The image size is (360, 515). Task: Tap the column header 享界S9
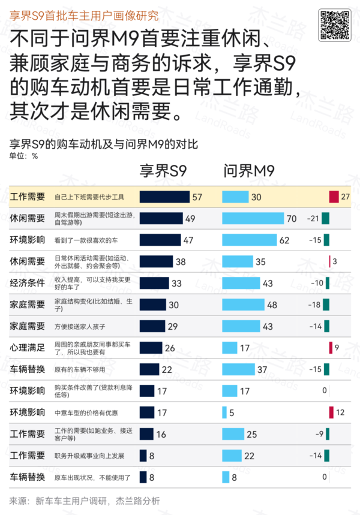(x=163, y=172)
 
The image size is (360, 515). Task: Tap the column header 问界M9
(x=249, y=172)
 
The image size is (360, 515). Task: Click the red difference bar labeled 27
(x=334, y=197)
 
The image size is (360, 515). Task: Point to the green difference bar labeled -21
(x=325, y=218)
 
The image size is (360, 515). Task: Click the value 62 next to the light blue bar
(x=284, y=240)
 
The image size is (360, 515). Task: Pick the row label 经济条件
(x=28, y=283)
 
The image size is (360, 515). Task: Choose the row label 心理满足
(x=28, y=348)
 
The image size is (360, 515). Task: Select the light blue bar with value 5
(x=224, y=412)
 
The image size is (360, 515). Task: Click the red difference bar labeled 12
(x=331, y=412)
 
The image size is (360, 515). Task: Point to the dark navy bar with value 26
(x=151, y=348)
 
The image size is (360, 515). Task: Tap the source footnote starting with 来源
(x=85, y=501)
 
